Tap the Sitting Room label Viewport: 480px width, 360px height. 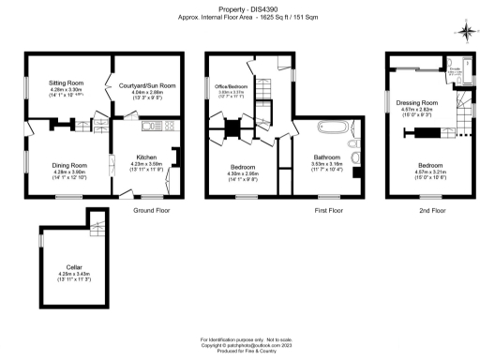(67, 82)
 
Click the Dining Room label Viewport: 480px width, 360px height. (68, 165)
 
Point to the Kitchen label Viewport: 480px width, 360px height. (145, 157)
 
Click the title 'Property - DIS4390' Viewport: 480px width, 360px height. (239, 8)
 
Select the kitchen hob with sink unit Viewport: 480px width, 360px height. (151, 126)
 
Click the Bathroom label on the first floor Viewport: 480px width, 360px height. (327, 157)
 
